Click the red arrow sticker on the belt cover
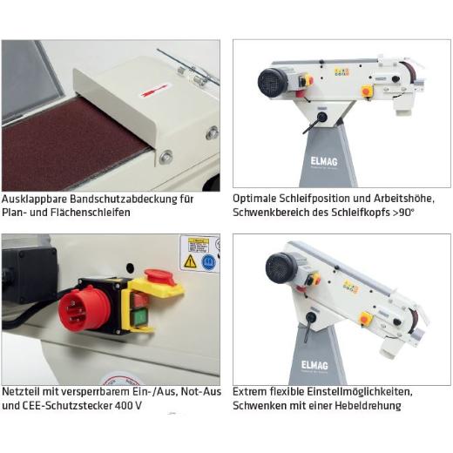coord(154,91)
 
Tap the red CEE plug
coord(85,308)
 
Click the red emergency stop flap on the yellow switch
coord(160,277)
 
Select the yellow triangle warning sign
coord(190,261)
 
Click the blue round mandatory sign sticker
coord(208,262)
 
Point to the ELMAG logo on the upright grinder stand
coord(324,161)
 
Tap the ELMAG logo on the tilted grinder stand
coord(314,365)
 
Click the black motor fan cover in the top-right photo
coord(272,82)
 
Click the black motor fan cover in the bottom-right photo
coord(281,267)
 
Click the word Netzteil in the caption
coord(21,392)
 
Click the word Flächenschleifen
coord(91,213)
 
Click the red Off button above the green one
coord(139,301)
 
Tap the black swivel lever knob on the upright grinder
coord(321,118)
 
